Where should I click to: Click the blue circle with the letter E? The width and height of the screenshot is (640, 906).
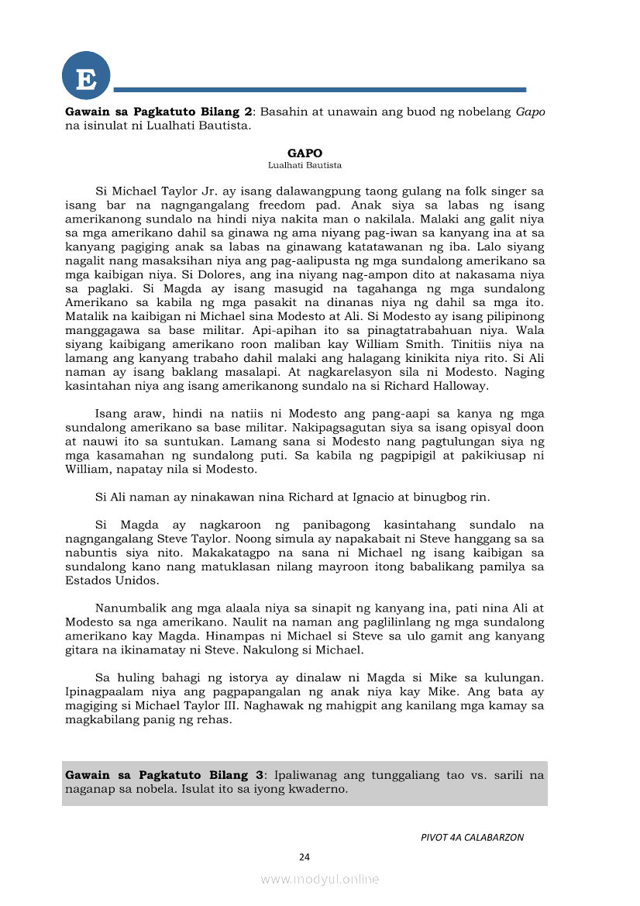pos(86,78)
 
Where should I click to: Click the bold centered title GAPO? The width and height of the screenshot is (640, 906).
pos(305,153)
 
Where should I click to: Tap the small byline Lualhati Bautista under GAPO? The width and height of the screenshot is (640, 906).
pos(305,165)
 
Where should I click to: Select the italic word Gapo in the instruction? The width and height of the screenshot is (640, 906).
pos(530,112)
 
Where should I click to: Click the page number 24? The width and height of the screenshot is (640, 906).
pos(305,857)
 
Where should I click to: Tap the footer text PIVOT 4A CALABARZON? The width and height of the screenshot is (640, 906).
pos(472,838)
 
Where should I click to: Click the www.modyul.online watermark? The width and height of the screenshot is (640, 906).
pos(320,880)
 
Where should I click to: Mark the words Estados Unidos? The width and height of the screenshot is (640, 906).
pos(102,580)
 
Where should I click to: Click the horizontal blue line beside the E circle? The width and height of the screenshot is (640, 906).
pos(319,90)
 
